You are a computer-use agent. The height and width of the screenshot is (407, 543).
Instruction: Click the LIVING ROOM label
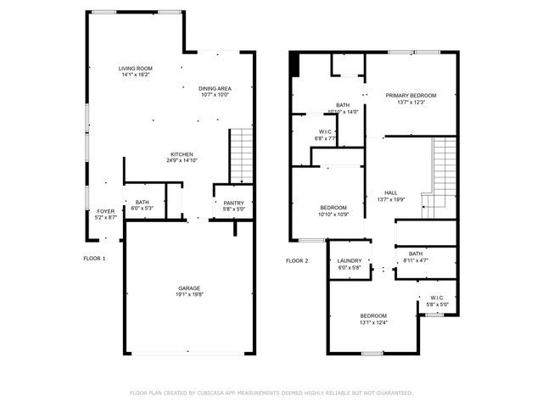pyautogui.click(x=134, y=68)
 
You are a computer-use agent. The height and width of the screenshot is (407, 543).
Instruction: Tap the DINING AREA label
pyautogui.click(x=216, y=88)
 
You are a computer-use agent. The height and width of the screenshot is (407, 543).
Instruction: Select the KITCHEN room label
pyautogui.click(x=182, y=153)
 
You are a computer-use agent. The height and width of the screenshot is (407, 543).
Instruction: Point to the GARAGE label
pyautogui.click(x=189, y=287)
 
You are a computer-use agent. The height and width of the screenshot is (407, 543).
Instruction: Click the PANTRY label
pyautogui.click(x=233, y=203)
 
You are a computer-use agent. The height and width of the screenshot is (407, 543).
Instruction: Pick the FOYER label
pyautogui.click(x=105, y=211)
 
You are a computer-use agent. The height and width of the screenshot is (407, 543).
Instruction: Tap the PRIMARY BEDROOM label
pyautogui.click(x=411, y=96)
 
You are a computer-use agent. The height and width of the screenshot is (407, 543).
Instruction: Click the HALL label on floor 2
pyautogui.click(x=390, y=192)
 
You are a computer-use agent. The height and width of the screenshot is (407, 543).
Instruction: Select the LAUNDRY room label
pyautogui.click(x=350, y=261)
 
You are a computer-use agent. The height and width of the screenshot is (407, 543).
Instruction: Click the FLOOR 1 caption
pyautogui.click(x=94, y=258)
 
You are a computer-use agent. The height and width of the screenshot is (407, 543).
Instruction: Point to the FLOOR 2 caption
pyautogui.click(x=297, y=260)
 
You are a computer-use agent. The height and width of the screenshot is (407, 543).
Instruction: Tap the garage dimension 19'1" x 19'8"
pyautogui.click(x=189, y=294)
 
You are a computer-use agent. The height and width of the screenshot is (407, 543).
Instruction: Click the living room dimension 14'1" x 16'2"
pyautogui.click(x=134, y=75)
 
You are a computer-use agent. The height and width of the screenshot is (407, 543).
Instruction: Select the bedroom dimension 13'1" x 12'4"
pyautogui.click(x=373, y=321)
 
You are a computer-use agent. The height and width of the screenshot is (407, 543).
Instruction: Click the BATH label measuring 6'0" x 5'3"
pyautogui.click(x=141, y=203)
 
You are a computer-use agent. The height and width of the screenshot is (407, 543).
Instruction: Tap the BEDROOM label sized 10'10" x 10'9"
pyautogui.click(x=333, y=208)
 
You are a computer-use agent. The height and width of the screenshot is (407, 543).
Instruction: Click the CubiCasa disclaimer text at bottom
pyautogui.click(x=271, y=393)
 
